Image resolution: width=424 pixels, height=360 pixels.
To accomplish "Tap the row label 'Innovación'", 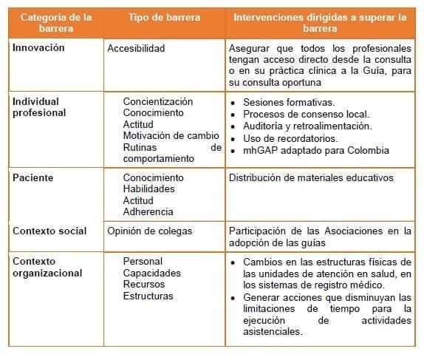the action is tap(38, 47).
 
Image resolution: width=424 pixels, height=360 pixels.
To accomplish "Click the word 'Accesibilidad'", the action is tap(136, 48).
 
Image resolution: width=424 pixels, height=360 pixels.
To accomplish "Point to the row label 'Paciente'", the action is tap(33, 177).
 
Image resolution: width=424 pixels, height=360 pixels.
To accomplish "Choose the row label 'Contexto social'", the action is tap(49, 231).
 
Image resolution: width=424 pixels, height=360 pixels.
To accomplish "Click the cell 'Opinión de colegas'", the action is tap(149, 231).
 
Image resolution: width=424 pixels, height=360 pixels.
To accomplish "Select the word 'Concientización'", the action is tap(158, 101).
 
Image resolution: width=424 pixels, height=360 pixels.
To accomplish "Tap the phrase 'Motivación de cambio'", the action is tap(171, 135).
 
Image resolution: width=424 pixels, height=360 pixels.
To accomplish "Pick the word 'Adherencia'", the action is tap(148, 211).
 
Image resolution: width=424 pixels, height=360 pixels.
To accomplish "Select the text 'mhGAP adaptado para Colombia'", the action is tap(315, 150).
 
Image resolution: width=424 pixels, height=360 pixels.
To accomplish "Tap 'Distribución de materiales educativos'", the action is tap(311, 177).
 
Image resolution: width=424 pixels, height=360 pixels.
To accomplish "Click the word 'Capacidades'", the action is tap(151, 273).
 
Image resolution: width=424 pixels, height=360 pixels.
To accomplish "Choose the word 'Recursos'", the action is tap(144, 284).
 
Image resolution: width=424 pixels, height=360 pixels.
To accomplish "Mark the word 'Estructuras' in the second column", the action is tap(148, 296).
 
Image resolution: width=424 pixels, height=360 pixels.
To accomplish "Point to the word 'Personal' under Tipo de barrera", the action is tap(143, 261).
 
